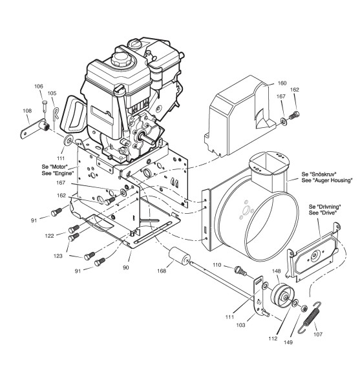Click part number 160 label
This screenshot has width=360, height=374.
[x=282, y=83]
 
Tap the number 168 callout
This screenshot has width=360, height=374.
[x=162, y=271]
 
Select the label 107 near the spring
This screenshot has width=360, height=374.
[x=318, y=334]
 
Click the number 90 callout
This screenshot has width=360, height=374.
[x=126, y=267]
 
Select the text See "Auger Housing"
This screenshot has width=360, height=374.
[x=327, y=180]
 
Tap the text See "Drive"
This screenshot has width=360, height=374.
[x=322, y=213]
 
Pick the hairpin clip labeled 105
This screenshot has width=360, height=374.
[x=56, y=114]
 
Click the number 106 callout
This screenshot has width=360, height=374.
[x=39, y=86]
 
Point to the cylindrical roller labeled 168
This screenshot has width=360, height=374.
[x=180, y=256]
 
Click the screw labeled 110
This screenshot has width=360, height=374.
[x=241, y=271]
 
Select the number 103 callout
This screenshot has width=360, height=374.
[x=240, y=325]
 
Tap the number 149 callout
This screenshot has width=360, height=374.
[x=288, y=342]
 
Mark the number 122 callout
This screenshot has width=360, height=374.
[x=49, y=236]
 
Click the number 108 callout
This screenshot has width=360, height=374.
[x=27, y=110]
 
